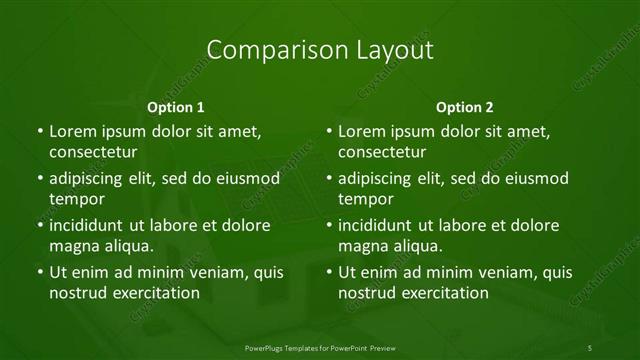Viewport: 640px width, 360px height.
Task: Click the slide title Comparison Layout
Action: (x=319, y=50)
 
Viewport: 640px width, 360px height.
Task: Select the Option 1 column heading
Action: (x=176, y=107)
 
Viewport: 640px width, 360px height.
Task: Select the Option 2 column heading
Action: (x=465, y=107)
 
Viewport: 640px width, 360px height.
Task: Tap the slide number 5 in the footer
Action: (x=590, y=348)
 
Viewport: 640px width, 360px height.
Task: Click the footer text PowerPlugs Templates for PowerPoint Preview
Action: (x=319, y=348)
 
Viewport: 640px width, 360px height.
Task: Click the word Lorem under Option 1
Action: (x=72, y=131)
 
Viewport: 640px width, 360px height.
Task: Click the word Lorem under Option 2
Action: (x=362, y=131)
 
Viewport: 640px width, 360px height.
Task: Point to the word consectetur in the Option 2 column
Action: (x=382, y=153)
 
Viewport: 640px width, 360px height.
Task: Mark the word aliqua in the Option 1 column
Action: (x=129, y=246)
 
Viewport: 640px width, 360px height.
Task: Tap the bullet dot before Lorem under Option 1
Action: (x=39, y=131)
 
